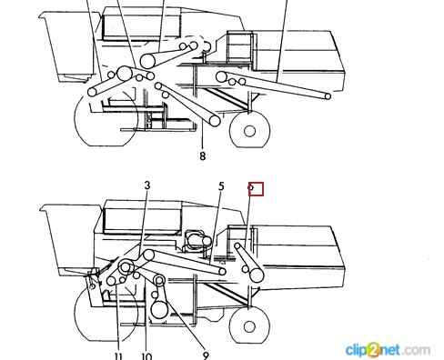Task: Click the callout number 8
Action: [x=203, y=156]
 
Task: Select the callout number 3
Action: [x=147, y=185]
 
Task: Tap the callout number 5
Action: [x=221, y=186]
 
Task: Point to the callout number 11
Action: [x=118, y=356]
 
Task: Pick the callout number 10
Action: [x=146, y=356]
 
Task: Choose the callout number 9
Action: [x=206, y=355]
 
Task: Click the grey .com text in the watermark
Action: [x=417, y=350]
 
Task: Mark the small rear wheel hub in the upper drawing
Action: [x=249, y=131]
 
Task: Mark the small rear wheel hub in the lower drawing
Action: [x=249, y=326]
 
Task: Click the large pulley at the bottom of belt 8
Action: [x=215, y=121]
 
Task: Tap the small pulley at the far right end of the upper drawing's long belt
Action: [x=328, y=96]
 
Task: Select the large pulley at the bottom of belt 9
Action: [x=159, y=309]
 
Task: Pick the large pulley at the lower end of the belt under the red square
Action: [x=257, y=275]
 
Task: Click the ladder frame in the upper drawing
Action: [x=240, y=47]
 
